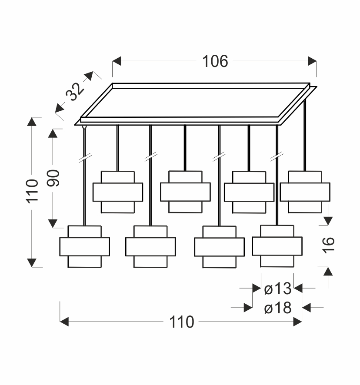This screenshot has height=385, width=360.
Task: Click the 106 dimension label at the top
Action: (x=215, y=61)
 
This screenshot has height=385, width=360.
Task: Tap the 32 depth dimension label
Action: (x=75, y=92)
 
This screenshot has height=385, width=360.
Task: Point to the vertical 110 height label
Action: (x=32, y=191)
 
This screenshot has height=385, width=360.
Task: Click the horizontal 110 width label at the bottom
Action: (x=181, y=322)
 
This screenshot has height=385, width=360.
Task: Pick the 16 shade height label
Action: (x=329, y=245)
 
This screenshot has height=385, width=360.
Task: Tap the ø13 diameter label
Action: (x=277, y=288)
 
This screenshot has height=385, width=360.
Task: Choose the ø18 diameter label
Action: (x=277, y=308)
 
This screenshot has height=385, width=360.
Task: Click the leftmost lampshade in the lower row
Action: (x=85, y=246)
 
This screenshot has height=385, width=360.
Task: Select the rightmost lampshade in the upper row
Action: (x=305, y=192)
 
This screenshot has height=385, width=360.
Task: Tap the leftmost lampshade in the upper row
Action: (x=118, y=192)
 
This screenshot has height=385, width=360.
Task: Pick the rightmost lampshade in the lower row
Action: (x=277, y=246)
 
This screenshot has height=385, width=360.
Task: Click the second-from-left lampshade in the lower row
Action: (x=150, y=246)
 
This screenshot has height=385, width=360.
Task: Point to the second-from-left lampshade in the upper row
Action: (x=185, y=192)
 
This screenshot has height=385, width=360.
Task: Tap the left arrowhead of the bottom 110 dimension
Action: (x=64, y=322)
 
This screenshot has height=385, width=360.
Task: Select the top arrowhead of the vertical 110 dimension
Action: (x=32, y=121)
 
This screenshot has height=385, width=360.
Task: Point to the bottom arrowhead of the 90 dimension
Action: (x=53, y=223)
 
